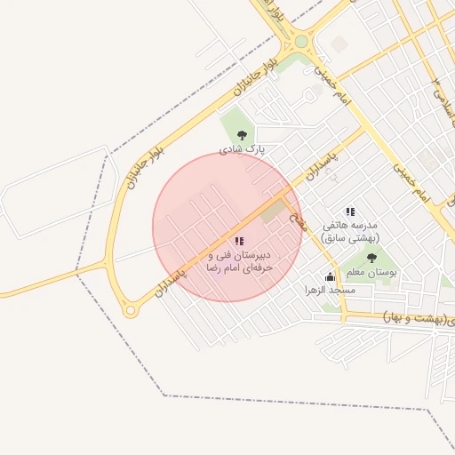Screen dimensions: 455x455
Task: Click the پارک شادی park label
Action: [243, 148]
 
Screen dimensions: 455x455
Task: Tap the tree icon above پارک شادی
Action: [243, 135]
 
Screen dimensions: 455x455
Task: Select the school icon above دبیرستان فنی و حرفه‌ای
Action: [238, 241]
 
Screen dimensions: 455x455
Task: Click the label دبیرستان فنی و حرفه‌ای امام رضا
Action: [237, 260]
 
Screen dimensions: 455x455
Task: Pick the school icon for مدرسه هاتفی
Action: [351, 212]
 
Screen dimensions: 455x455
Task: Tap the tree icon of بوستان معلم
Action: [371, 258]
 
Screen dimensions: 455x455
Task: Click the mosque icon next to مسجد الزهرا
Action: [331, 276]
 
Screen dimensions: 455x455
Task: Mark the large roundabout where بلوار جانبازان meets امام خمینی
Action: [300, 41]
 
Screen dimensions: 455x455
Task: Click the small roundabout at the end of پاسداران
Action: [131, 311]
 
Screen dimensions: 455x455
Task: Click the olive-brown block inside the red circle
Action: [273, 212]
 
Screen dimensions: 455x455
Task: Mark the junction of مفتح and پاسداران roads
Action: [289, 190]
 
